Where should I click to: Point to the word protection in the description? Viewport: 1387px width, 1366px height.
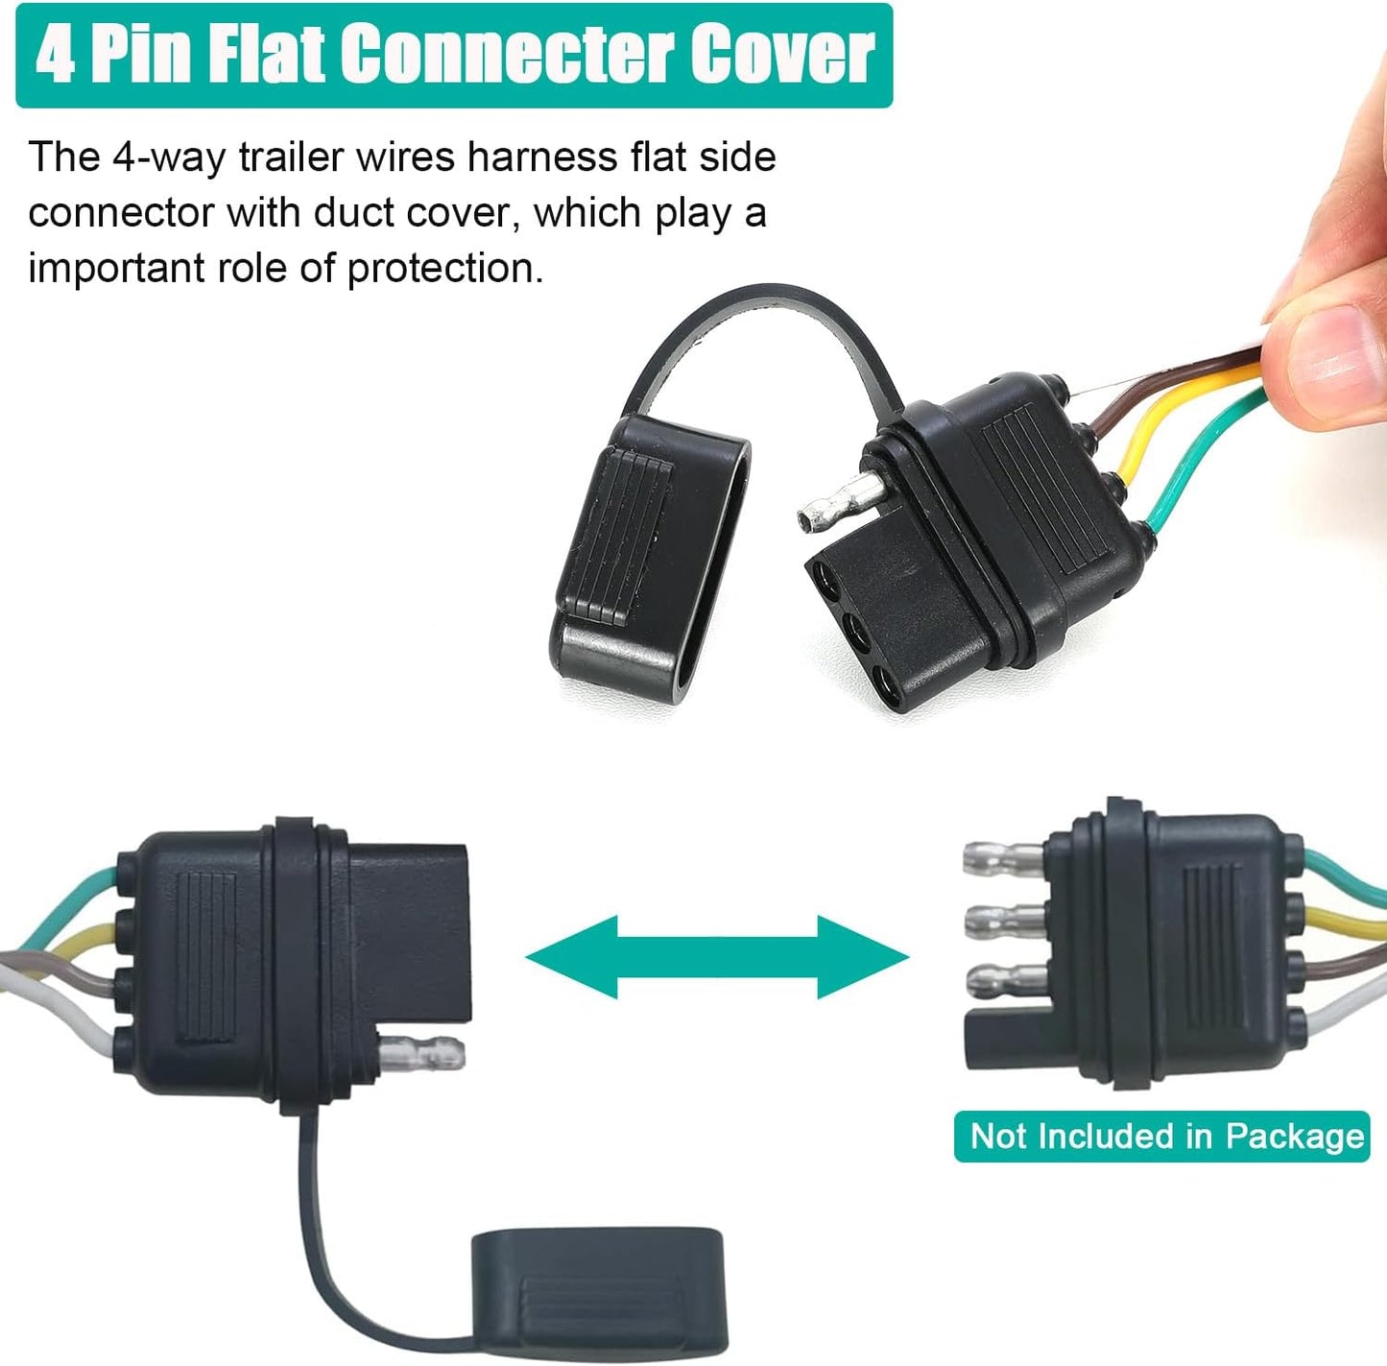tap(444, 268)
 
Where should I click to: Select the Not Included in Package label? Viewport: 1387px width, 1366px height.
tap(1161, 1137)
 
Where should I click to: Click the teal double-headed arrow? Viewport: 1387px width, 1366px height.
tap(718, 957)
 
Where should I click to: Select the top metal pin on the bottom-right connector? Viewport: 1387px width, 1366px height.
tap(1004, 857)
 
